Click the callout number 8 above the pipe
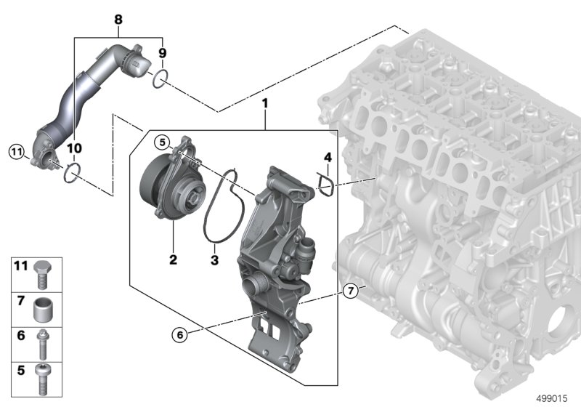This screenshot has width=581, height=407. tap(118, 20)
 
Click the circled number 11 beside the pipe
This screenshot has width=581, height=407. tap(16, 152)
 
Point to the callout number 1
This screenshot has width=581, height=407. tap(264, 103)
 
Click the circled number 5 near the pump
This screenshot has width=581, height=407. tap(162, 142)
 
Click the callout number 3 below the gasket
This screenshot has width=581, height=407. tap(214, 260)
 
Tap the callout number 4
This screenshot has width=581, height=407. tap(328, 158)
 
